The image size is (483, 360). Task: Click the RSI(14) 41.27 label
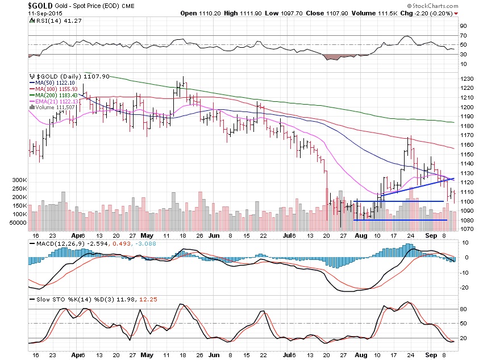click(x=53, y=22)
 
